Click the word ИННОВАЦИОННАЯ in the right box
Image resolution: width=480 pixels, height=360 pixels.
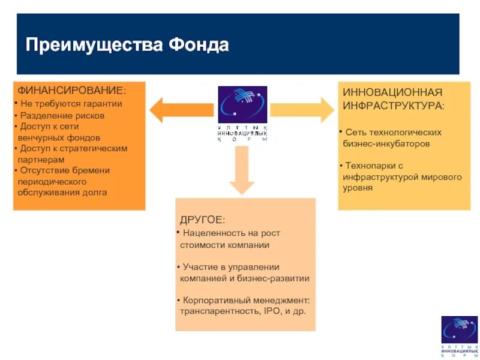(392, 92)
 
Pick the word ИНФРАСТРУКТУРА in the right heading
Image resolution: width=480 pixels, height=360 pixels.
(392, 106)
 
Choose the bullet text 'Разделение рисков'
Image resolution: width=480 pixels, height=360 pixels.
(62, 115)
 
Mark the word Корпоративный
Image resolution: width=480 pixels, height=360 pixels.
(215, 300)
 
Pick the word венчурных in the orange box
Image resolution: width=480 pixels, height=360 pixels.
(38, 137)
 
